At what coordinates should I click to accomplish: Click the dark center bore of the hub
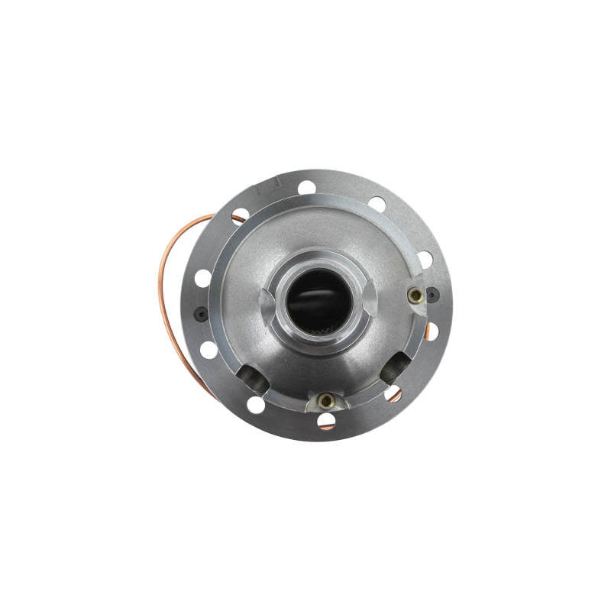[320, 302]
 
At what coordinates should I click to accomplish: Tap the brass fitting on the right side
[415, 295]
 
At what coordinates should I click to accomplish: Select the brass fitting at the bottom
[326, 400]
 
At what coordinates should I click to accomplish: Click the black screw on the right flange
[432, 294]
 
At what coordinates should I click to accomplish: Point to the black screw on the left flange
[201, 313]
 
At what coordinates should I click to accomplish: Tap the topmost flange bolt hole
[307, 187]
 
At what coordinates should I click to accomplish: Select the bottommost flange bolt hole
[326, 419]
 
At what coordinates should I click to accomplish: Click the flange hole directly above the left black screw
[202, 278]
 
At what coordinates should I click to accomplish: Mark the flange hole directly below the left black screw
[209, 350]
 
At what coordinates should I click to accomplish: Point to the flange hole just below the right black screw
[432, 331]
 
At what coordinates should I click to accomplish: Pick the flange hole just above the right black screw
[425, 259]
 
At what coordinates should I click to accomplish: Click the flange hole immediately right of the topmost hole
[377, 204]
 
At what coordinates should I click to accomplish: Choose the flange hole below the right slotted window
[393, 393]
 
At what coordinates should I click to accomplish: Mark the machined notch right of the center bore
[370, 294]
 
